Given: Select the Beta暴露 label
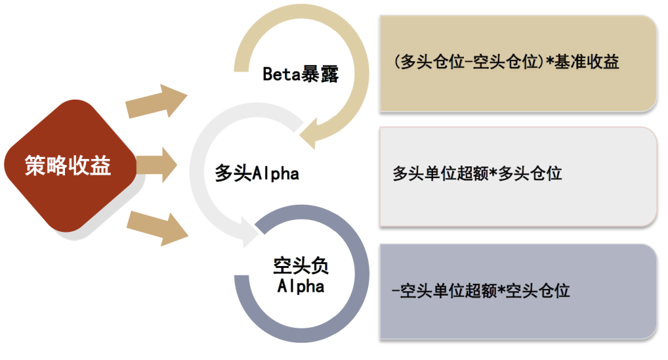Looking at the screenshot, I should click(301, 75).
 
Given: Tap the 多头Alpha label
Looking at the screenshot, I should click(257, 173).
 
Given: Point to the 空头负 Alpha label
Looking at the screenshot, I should click(301, 276).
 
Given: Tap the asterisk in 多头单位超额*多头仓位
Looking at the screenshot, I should click(493, 173).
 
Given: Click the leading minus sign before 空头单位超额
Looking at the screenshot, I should click(395, 291).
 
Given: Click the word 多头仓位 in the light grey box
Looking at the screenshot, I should click(530, 173).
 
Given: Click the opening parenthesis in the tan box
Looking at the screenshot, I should click(396, 62).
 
